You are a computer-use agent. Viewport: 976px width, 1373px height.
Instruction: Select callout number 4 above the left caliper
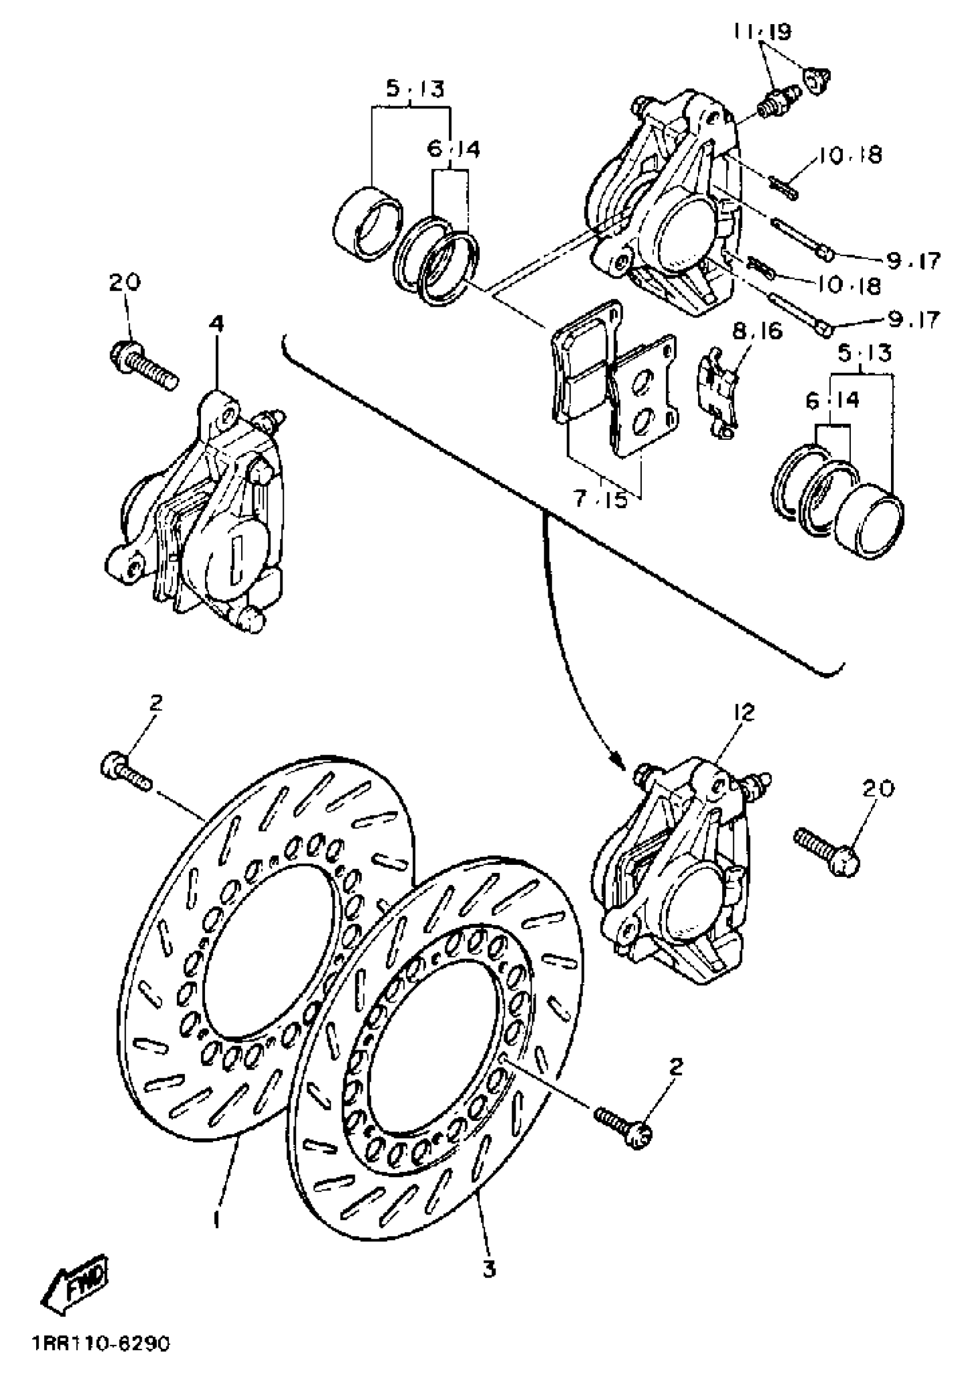point(216,324)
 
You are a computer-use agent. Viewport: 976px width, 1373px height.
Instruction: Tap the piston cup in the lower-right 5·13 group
point(870,515)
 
